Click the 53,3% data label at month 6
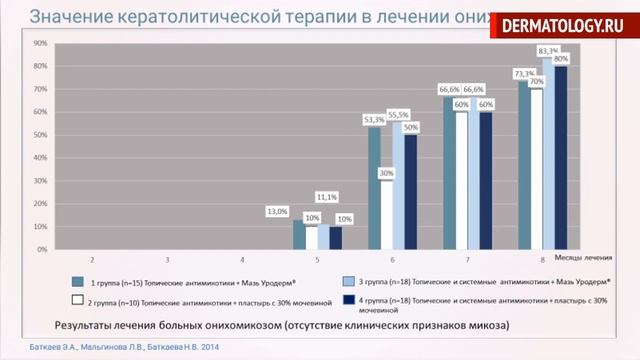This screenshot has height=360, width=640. [374, 119]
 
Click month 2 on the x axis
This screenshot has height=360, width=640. [92, 259]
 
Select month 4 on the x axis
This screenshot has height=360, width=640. [243, 259]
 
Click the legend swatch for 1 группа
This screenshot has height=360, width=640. [76, 281]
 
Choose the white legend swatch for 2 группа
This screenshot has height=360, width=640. [76, 299]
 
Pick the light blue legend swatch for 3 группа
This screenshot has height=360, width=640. [349, 281]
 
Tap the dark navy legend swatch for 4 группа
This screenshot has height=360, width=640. [349, 298]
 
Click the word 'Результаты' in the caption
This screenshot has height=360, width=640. [83, 324]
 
